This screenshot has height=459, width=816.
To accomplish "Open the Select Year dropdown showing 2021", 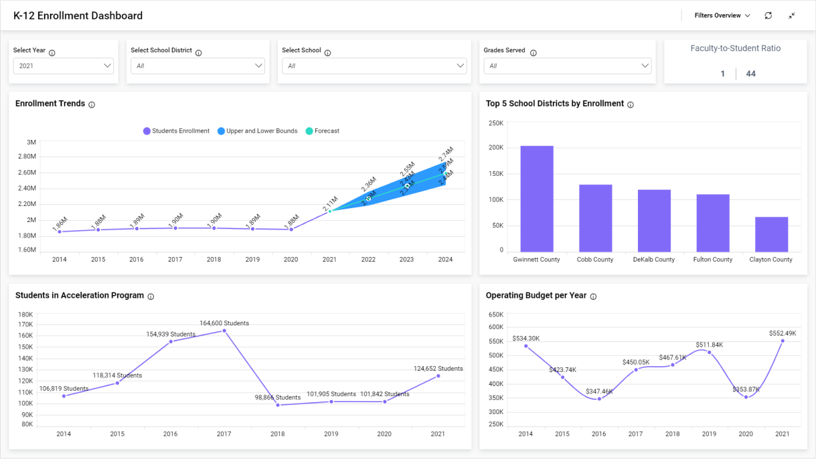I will coord(64,66).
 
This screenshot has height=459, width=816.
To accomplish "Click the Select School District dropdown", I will coord(197,66).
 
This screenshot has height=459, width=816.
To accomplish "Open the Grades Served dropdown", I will coord(567,66).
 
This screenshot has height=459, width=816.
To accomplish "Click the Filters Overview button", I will coord(722,15).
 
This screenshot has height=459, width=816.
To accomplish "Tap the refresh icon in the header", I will coord(768,15).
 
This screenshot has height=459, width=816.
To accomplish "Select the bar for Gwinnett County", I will coord(537,198).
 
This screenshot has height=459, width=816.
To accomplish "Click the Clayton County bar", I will coord(771,234).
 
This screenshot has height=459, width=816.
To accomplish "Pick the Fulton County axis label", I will coord(713,260).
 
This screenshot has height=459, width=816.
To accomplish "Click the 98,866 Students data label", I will coord(278,397).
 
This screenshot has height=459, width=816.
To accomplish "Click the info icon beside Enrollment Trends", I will coord(92,105).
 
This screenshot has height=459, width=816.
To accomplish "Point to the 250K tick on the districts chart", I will coord(496,123).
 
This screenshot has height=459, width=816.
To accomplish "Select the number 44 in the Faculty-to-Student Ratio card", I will coord(750,74).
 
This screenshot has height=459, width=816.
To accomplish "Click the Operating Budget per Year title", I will coord(536,296).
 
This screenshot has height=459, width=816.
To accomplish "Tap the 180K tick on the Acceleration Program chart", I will coord(25,314).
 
